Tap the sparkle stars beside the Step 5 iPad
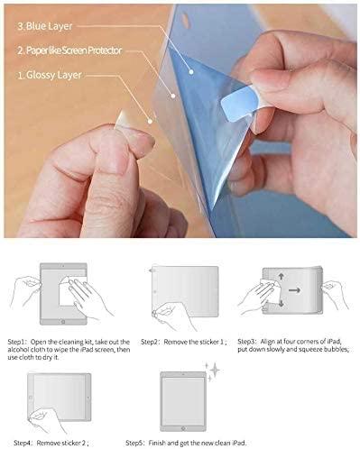click(214, 368)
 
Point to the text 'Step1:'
click(19, 343)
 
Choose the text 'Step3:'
click(248, 343)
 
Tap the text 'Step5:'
click(138, 443)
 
